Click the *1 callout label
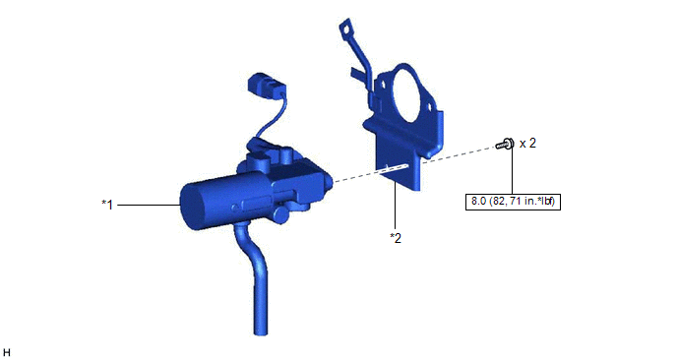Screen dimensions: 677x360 pos(107,205)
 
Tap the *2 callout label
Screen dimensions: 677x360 pos(396,238)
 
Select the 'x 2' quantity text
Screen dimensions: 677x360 pos(527,144)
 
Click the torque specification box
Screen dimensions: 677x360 pos(513,202)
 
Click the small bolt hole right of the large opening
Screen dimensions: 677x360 pos(431,106)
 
